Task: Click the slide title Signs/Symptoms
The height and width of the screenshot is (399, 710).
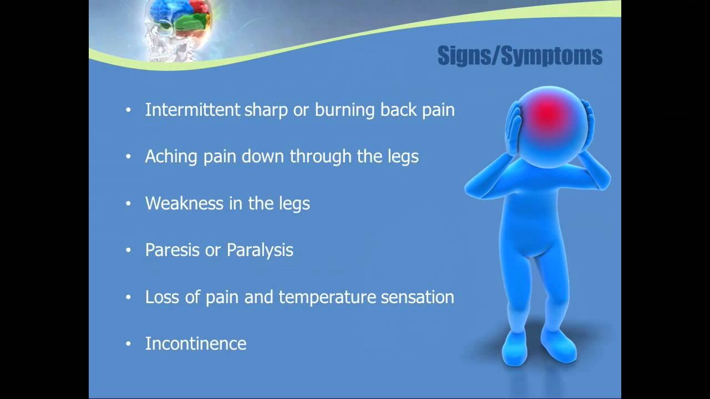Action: [520, 56]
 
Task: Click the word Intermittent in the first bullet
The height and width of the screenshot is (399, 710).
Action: [192, 110]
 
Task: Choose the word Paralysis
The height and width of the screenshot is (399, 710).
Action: [260, 250]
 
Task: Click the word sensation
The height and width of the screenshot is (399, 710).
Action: [417, 297]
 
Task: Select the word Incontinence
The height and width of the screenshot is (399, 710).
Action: [196, 344]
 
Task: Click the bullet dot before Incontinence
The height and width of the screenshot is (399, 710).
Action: [129, 344]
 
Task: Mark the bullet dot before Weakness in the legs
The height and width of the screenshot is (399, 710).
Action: [129, 204]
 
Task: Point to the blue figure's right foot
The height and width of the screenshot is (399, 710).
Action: [515, 348]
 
